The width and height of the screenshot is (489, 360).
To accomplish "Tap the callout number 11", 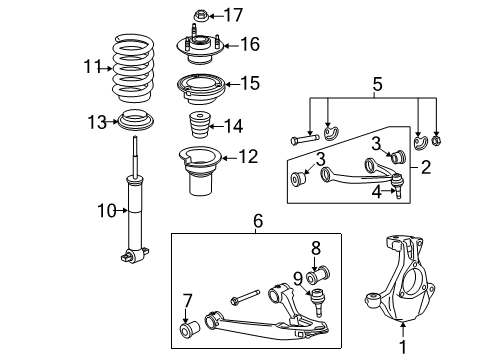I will (92, 69).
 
